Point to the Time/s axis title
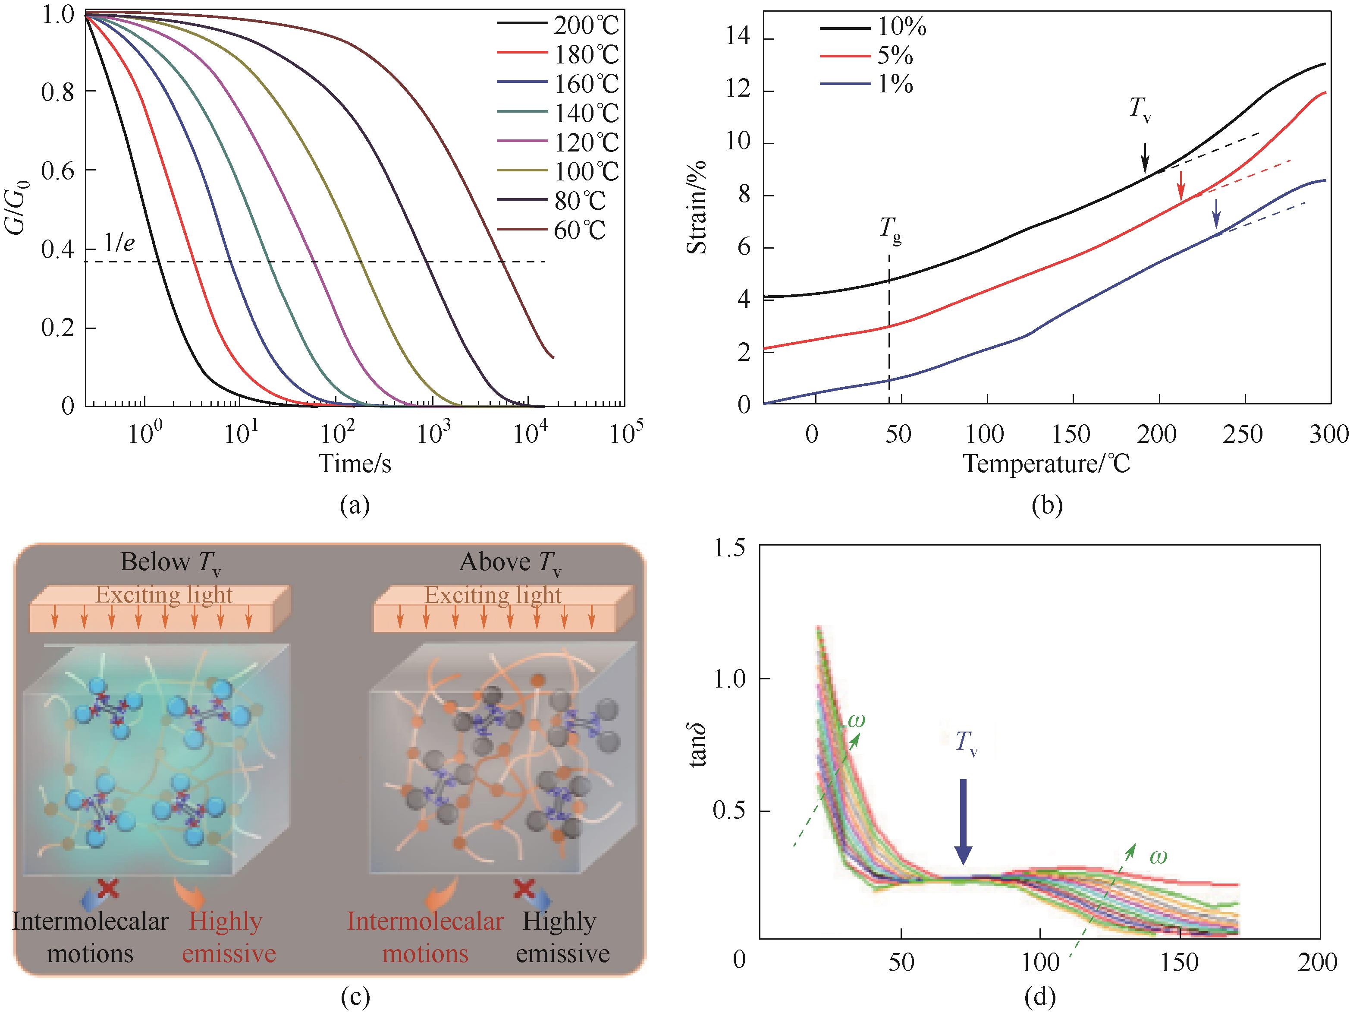(x=355, y=464)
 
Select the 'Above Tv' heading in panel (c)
(x=510, y=562)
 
